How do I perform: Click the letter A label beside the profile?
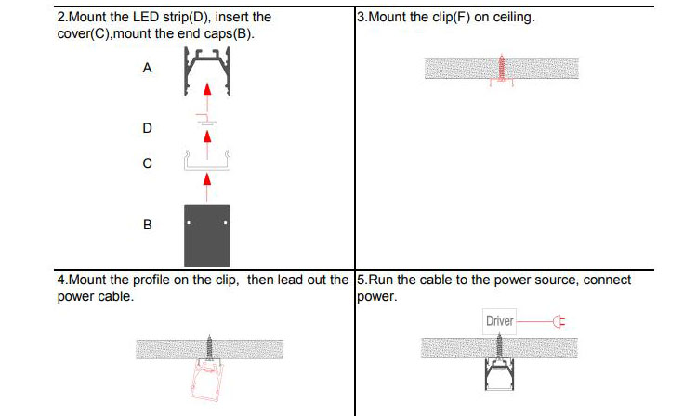point(146,69)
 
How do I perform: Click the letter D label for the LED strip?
point(146,127)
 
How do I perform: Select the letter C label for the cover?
point(147,163)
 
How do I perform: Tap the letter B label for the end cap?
point(147,225)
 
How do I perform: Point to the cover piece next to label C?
point(206,163)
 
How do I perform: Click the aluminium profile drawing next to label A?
point(206,69)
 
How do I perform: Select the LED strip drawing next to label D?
point(206,120)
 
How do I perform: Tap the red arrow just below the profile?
point(206,91)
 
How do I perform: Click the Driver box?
point(499,321)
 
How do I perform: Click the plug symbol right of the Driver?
point(559,322)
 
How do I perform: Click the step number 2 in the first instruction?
point(60,17)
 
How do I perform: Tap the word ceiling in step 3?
point(513,17)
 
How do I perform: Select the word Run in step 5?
point(380,279)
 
